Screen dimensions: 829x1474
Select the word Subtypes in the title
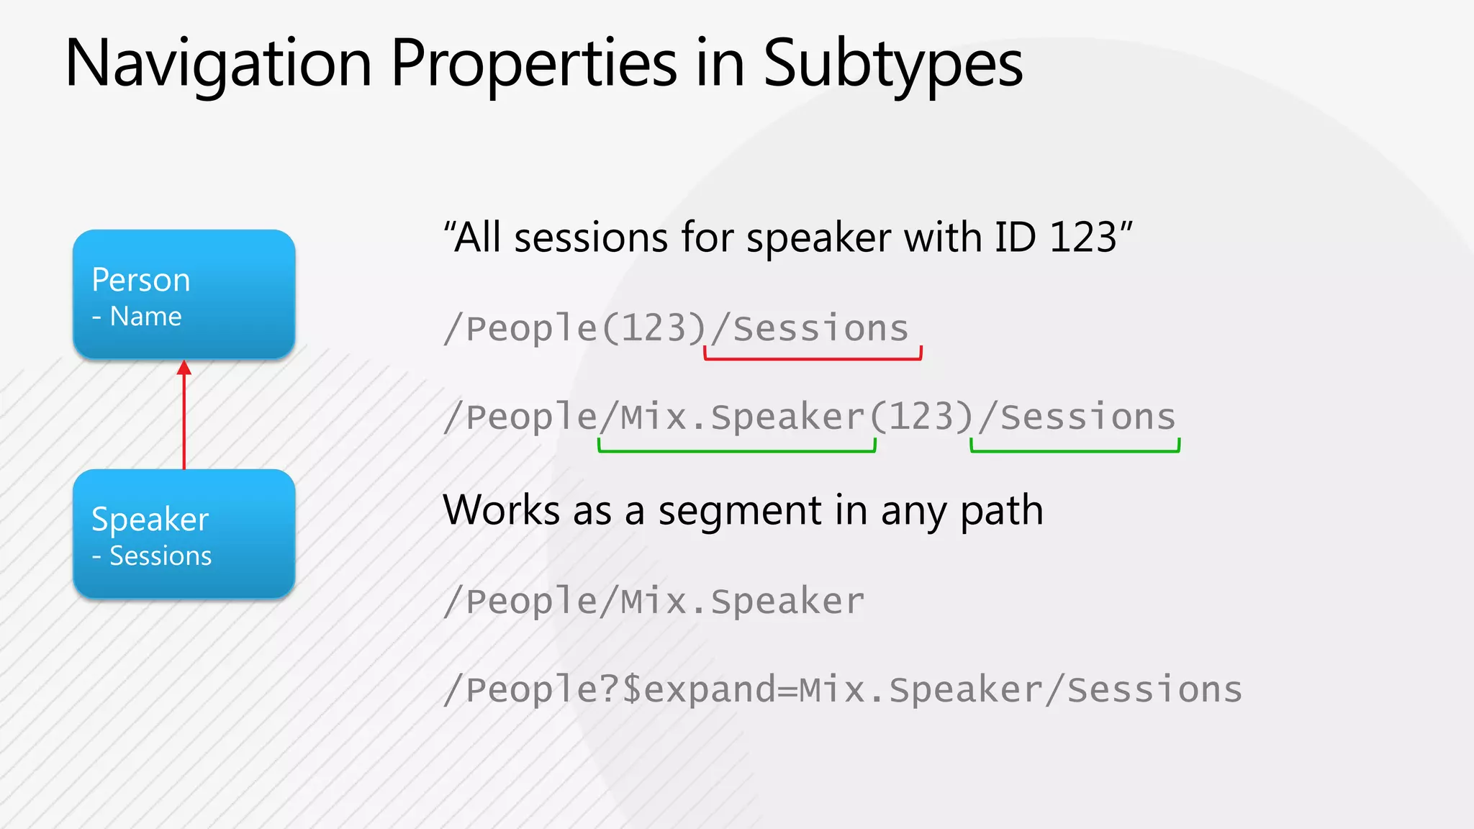click(x=892, y=65)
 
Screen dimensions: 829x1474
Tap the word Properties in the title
click(x=533, y=65)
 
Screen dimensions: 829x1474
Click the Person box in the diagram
click(x=184, y=294)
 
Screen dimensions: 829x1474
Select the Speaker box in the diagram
click(x=184, y=533)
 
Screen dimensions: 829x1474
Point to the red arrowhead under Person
click(x=184, y=368)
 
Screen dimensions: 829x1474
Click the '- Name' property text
click(x=137, y=317)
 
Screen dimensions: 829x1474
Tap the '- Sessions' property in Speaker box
click(x=152, y=556)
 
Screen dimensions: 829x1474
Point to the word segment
click(x=740, y=512)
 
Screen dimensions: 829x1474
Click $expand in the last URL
click(x=698, y=689)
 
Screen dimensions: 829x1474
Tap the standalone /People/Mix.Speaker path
click(x=654, y=601)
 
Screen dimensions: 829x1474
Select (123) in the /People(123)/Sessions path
click(x=654, y=329)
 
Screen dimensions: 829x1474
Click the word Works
click(x=501, y=510)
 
